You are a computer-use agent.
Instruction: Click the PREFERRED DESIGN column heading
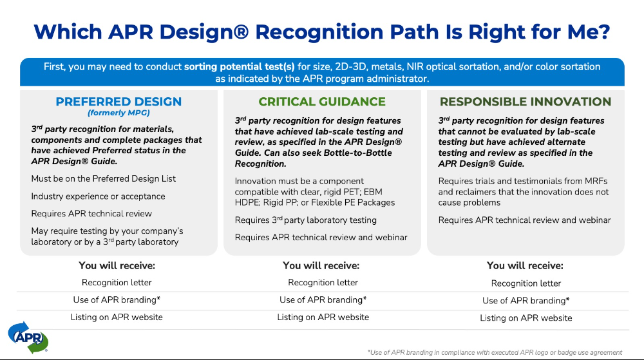click(118, 102)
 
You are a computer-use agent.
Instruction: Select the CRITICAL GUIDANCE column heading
click(322, 102)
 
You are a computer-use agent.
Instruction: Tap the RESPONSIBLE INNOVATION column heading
click(525, 102)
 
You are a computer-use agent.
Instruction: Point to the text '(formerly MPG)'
click(118, 113)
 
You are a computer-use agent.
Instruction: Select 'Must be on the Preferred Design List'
click(103, 178)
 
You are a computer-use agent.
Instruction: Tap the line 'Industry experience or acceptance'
click(98, 196)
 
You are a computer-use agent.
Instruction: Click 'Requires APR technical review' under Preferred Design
click(91, 213)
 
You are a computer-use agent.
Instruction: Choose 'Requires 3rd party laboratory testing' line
click(305, 220)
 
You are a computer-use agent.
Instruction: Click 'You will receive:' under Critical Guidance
click(321, 265)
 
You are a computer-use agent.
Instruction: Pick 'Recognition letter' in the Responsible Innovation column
click(526, 283)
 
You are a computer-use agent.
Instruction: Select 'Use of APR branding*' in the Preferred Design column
click(117, 299)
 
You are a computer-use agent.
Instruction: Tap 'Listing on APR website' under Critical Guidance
click(323, 317)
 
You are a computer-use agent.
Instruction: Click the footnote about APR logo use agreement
click(495, 352)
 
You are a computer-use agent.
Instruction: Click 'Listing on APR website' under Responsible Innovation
click(526, 318)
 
